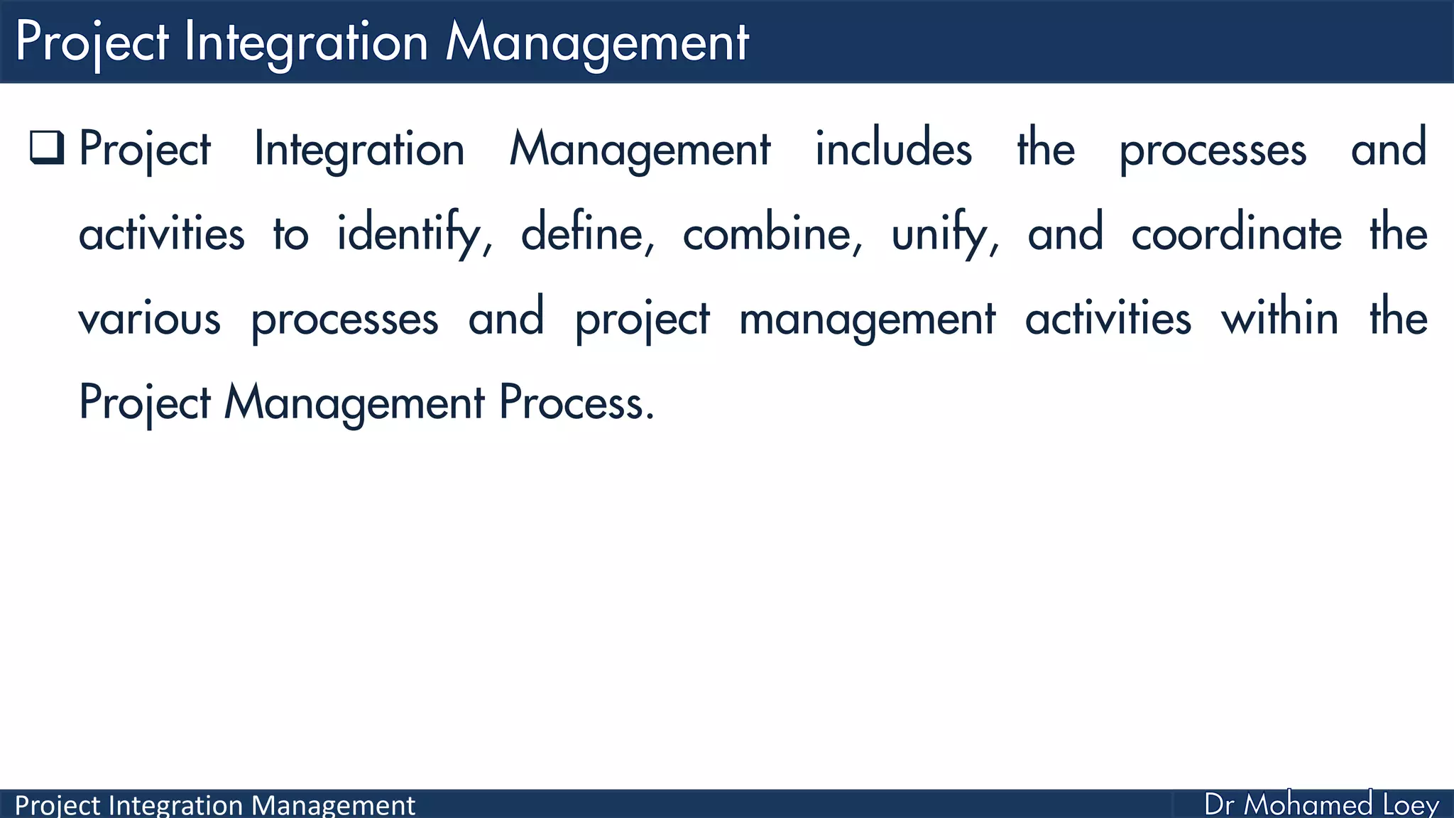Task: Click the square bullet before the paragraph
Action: point(47,148)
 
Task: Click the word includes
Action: point(893,149)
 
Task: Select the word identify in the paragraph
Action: point(412,234)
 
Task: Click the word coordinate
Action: point(1236,234)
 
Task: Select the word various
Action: point(149,319)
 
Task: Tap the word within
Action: point(1279,319)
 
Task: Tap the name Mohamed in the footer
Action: point(1308,805)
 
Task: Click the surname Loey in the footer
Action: point(1411,805)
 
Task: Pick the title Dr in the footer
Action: point(1219,805)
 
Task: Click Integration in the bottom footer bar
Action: point(176,805)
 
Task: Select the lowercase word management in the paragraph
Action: point(867,319)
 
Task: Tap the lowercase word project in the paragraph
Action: point(642,319)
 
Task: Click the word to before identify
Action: point(290,234)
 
